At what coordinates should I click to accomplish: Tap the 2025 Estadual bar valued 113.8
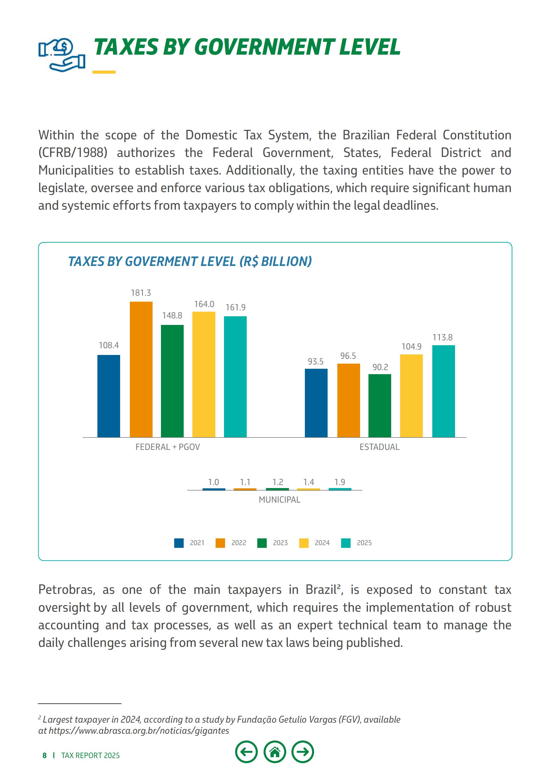pyautogui.click(x=443, y=391)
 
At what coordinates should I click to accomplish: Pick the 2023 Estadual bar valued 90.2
pyautogui.click(x=380, y=406)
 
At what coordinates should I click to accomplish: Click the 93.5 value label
pyautogui.click(x=315, y=361)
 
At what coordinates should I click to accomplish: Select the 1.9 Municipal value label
pyautogui.click(x=340, y=482)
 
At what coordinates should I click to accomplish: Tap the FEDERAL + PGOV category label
pyautogui.click(x=167, y=447)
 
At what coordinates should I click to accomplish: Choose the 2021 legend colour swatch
pyautogui.click(x=179, y=543)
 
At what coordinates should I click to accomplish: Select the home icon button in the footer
pyautogui.click(x=275, y=752)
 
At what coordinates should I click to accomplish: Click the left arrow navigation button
pyautogui.click(x=246, y=752)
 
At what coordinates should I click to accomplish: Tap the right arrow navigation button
pyautogui.click(x=303, y=752)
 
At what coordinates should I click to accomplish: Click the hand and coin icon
pyautogui.click(x=62, y=55)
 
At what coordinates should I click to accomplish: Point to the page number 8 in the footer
pyautogui.click(x=44, y=756)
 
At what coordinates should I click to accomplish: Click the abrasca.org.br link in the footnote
pyautogui.click(x=139, y=731)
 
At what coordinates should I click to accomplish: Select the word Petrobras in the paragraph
pyautogui.click(x=66, y=590)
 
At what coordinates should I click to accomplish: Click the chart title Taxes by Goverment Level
pyautogui.click(x=190, y=262)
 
